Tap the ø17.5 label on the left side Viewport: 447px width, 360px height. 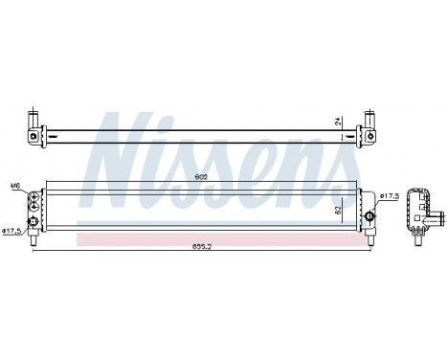pyautogui.click(x=13, y=231)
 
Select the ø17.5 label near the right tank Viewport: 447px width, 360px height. pyautogui.click(x=389, y=196)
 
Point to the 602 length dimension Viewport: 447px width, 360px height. pyautogui.click(x=200, y=176)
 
